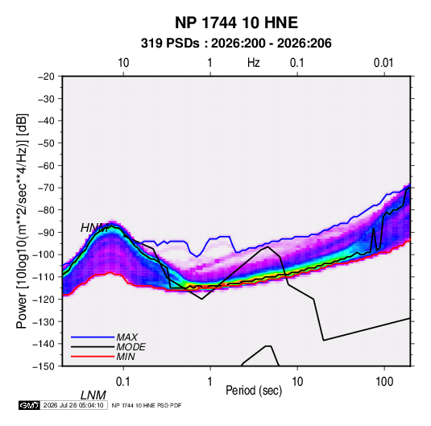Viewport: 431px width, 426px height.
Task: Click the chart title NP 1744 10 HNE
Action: (x=236, y=23)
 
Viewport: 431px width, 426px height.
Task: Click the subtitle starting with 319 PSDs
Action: (x=236, y=43)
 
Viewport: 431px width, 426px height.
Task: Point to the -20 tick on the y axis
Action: (x=46, y=77)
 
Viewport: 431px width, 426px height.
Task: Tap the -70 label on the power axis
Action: (x=46, y=188)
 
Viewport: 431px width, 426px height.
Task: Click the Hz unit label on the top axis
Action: (x=254, y=63)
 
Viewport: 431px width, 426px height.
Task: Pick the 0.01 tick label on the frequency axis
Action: (x=383, y=63)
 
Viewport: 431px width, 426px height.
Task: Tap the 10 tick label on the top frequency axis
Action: (x=123, y=63)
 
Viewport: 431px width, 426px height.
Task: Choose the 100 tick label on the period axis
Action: (x=384, y=382)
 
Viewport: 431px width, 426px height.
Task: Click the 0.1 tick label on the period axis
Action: (x=123, y=382)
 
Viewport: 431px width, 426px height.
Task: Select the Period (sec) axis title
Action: (x=254, y=391)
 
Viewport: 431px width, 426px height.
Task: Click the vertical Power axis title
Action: (x=22, y=221)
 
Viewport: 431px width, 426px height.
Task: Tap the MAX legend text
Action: (x=126, y=337)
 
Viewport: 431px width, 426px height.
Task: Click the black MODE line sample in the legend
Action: (x=93, y=347)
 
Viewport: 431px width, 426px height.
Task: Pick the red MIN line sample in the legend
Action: (x=93, y=357)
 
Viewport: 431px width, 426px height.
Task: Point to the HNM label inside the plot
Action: (x=94, y=228)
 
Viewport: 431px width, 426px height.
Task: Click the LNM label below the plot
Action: (x=93, y=395)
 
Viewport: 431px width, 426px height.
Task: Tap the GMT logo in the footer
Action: (x=29, y=405)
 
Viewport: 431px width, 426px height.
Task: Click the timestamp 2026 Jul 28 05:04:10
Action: (x=73, y=405)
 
